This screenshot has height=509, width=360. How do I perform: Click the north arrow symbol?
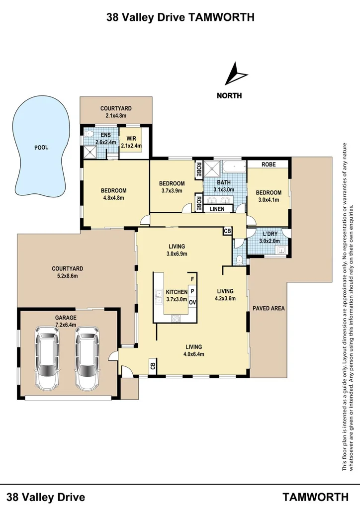click(x=235, y=75)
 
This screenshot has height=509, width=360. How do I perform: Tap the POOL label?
click(x=41, y=148)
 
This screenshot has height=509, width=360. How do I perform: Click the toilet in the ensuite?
click(x=88, y=134)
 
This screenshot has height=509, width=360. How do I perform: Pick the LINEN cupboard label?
click(x=217, y=209)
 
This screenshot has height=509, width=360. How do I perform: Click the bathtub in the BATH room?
click(x=233, y=166)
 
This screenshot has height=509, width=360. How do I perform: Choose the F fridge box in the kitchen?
click(x=192, y=280)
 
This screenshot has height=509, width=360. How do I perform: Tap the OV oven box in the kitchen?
click(x=192, y=301)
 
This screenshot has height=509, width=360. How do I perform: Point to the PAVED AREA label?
click(x=269, y=308)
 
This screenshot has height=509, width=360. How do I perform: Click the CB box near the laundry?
click(x=227, y=231)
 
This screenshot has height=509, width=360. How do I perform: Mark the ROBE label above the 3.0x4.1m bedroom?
click(x=269, y=164)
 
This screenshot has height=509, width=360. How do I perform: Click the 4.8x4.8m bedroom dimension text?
click(x=113, y=197)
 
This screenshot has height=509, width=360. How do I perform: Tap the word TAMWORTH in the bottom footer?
click(x=315, y=497)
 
